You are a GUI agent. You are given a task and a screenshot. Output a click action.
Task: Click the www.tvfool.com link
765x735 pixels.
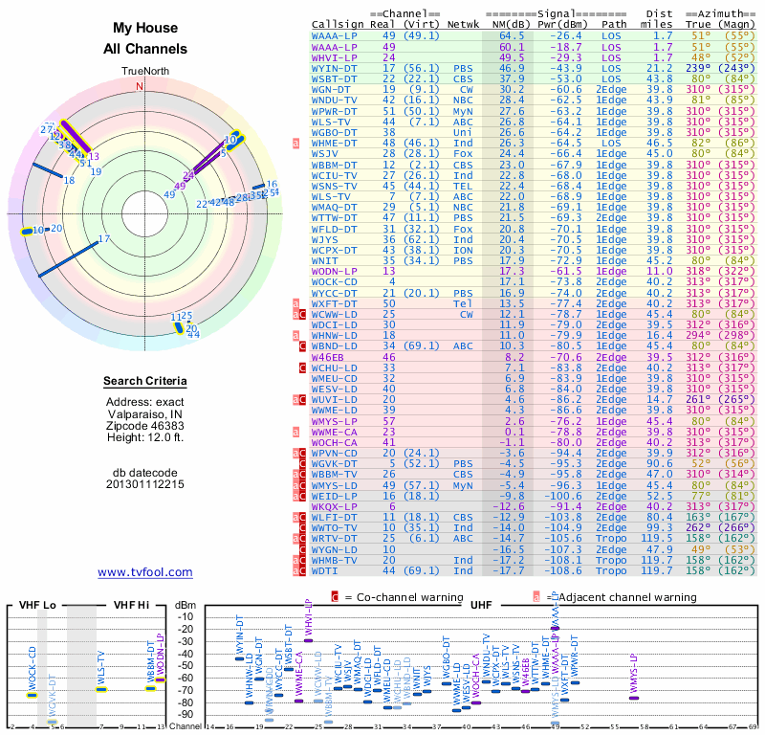(x=144, y=572)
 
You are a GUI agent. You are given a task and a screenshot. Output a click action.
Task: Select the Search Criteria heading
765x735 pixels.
(x=144, y=382)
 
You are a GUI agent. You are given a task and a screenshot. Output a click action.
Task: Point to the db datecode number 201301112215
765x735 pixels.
(x=145, y=484)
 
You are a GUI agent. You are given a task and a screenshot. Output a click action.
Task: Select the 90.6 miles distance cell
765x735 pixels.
(x=662, y=462)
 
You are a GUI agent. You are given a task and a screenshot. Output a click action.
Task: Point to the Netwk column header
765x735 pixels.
(x=470, y=25)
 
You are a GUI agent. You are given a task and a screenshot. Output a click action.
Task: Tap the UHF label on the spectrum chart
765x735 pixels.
(x=479, y=605)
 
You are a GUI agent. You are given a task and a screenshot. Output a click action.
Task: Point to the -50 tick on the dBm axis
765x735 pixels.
(x=185, y=666)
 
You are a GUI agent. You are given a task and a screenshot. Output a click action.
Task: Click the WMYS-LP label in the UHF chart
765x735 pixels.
(x=633, y=671)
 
